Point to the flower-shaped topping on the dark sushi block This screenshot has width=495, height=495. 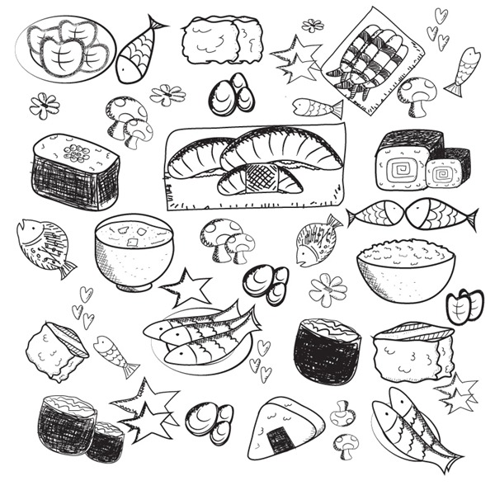point(77,153)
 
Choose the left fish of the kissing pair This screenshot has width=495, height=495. point(378,214)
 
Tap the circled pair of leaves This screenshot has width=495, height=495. point(464,307)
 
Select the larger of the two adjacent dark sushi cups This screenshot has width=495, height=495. point(67,424)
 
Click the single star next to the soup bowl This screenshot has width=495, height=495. point(187,287)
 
